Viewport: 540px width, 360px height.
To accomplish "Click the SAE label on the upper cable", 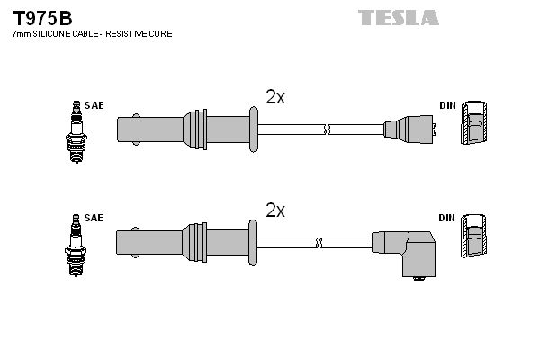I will [95, 105].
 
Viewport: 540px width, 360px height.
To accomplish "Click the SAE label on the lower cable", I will [95, 218].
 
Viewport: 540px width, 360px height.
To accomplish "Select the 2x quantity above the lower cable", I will [275, 211].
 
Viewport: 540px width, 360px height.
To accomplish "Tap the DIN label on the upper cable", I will [447, 105].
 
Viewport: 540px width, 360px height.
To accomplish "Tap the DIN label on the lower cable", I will [447, 218].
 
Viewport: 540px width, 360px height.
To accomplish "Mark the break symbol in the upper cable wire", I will [328, 130].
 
